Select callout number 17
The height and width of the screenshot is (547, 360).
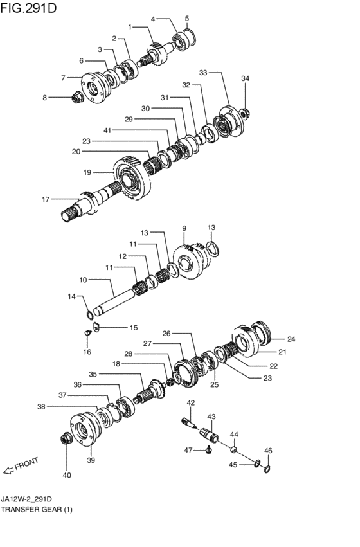click(x=46, y=199)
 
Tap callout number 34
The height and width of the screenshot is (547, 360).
click(x=244, y=78)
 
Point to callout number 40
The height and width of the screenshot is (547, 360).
click(x=67, y=475)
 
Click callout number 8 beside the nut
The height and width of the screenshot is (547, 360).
click(x=45, y=98)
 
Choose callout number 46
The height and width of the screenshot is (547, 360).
click(x=268, y=451)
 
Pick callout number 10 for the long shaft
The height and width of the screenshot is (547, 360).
click(x=82, y=280)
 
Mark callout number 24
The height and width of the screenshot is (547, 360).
click(x=291, y=339)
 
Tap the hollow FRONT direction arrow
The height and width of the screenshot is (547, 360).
click(x=9, y=471)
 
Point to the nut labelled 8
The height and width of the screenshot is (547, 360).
click(x=76, y=98)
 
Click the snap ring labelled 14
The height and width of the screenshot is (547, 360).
click(x=91, y=314)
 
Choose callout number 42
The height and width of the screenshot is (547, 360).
click(x=190, y=402)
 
